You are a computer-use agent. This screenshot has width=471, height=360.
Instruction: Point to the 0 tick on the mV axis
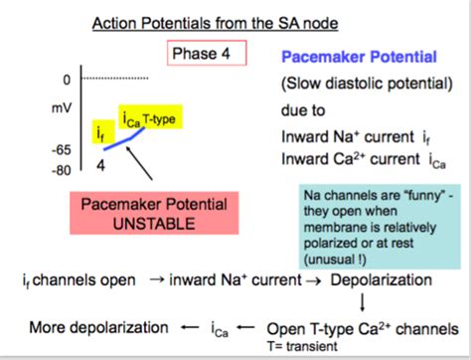click(x=67, y=79)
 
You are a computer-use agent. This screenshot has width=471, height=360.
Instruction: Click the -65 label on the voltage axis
click(x=61, y=150)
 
